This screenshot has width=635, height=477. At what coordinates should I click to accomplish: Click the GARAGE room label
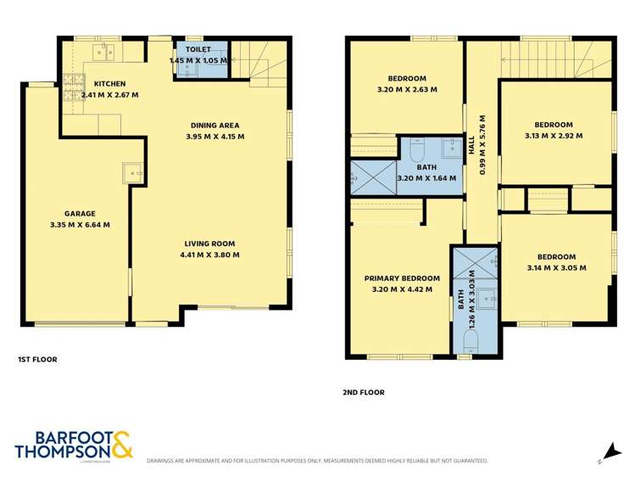pyautogui.click(x=81, y=213)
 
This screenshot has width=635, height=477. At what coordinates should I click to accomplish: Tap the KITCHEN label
pyautogui.click(x=110, y=83)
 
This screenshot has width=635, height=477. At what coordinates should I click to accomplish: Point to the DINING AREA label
pyautogui.click(x=215, y=125)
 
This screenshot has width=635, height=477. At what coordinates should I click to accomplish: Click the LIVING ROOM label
pyautogui.click(x=212, y=243)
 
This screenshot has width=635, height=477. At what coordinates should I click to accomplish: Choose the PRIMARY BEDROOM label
pyautogui.click(x=402, y=278)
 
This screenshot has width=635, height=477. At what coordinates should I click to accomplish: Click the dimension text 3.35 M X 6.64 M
pyautogui.click(x=81, y=225)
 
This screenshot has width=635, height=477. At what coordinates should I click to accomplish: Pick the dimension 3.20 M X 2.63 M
pyautogui.click(x=407, y=89)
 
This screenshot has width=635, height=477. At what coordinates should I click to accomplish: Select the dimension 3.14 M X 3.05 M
pyautogui.click(x=555, y=268)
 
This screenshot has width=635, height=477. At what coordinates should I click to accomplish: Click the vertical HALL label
pyautogui.click(x=472, y=144)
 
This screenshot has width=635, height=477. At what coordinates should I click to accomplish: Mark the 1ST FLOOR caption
pyautogui.click(x=37, y=360)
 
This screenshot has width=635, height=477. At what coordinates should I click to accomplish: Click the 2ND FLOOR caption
pyautogui.click(x=365, y=392)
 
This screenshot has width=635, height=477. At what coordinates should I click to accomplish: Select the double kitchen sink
pyautogui.click(x=104, y=53)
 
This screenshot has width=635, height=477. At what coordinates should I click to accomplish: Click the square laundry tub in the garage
pyautogui.click(x=133, y=174)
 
